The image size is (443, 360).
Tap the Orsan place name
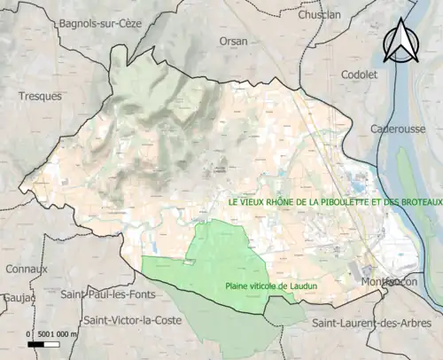coord(235,41)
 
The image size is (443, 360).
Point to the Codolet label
coord(360,74)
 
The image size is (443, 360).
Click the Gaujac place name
coord(15,298)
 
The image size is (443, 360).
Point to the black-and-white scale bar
coord(43,343)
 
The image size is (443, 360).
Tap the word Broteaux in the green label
coord(416,202)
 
